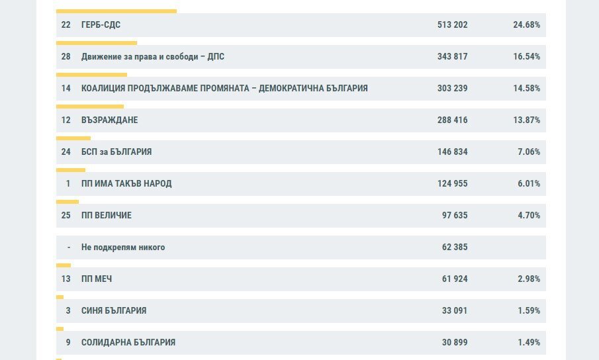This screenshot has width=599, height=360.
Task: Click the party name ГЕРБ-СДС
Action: tap(101, 24)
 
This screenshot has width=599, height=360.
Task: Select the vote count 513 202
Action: tap(452, 24)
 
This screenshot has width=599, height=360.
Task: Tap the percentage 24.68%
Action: tap(526, 24)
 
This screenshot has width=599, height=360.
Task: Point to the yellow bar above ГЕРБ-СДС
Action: tap(116, 11)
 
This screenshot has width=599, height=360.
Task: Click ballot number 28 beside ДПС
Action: tap(66, 56)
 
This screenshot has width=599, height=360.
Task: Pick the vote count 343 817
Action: tap(452, 56)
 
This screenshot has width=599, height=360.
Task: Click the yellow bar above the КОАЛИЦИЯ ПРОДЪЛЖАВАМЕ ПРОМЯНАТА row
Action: tap(92, 75)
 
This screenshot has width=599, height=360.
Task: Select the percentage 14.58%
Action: tap(526, 88)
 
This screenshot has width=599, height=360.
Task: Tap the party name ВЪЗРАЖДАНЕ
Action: tap(110, 120)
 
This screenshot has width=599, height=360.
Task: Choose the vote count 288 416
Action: tap(452, 120)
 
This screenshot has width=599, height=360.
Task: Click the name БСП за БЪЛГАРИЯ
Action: tap(116, 152)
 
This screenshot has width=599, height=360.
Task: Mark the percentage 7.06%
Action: tap(529, 152)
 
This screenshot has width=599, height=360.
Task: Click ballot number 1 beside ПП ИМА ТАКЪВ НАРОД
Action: tap(68, 183)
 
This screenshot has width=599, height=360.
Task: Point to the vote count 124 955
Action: tap(452, 183)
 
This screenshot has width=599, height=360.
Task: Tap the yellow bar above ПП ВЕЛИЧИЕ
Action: tap(68, 202)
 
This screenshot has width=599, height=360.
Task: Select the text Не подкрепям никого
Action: tap(123, 247)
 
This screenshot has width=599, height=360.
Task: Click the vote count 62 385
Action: tap(455, 247)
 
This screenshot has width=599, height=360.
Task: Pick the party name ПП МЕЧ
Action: tap(97, 279)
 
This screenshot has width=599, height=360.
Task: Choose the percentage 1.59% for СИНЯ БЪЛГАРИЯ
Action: tap(529, 311)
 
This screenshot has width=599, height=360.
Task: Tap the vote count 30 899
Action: tap(455, 342)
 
